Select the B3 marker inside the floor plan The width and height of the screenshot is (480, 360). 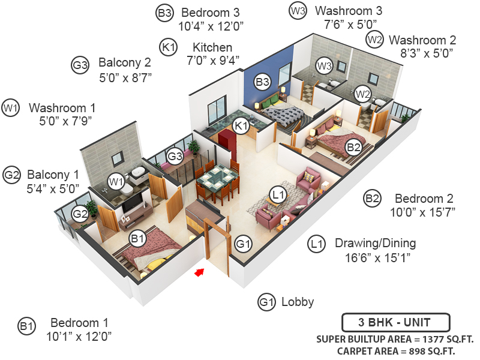(x=262, y=81)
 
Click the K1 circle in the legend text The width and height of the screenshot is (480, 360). (x=169, y=47)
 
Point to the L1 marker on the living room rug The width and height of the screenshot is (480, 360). (x=277, y=194)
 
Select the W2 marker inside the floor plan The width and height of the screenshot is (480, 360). (x=362, y=93)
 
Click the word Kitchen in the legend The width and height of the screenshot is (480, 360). (x=212, y=47)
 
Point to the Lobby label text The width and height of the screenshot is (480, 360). (x=297, y=302)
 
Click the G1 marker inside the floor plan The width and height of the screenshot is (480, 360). (x=242, y=244)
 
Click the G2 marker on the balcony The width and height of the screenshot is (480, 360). (x=80, y=213)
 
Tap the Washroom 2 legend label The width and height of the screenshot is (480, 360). (x=422, y=40)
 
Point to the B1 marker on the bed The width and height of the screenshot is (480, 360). (x=138, y=238)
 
